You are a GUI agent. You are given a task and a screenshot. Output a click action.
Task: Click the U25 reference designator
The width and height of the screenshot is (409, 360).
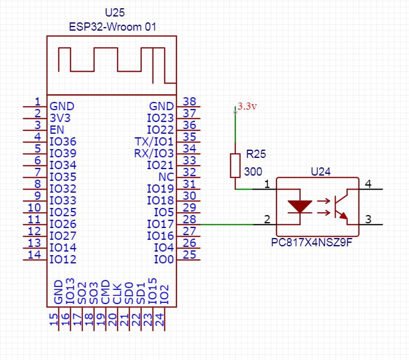pos(115,12)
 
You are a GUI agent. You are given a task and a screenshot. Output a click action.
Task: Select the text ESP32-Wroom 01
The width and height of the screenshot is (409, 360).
pos(112,27)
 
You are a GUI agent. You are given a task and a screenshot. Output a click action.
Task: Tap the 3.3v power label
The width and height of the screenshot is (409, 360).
pos(247,106)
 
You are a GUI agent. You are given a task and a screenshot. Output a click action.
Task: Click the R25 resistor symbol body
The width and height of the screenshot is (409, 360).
pos(235,166)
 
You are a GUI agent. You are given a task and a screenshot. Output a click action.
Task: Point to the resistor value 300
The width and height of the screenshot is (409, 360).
pos(253,171)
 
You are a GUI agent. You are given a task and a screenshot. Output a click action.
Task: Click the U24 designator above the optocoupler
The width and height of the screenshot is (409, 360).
pos(321,171)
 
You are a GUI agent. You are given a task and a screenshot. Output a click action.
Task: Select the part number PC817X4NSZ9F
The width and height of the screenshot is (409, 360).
pos(312,242)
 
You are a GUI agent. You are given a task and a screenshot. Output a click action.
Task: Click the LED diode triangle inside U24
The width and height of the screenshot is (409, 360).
pos(300,206)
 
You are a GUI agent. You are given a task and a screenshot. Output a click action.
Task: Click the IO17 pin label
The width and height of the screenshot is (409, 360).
pos(160,224)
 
